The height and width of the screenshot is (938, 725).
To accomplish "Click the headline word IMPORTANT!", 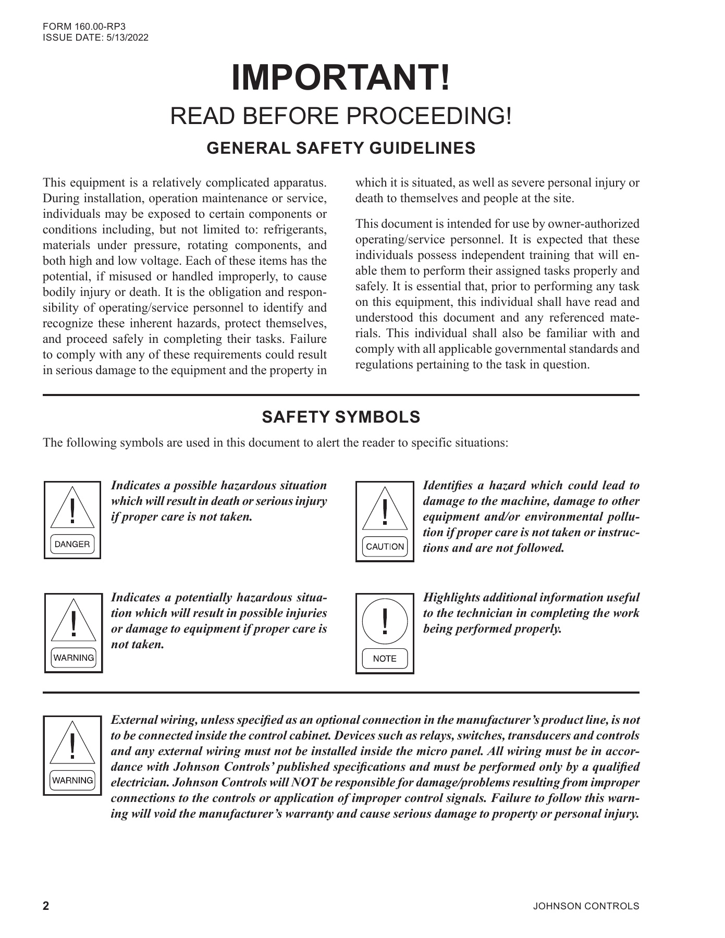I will (341, 78).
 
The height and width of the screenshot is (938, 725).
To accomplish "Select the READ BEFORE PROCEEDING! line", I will (341, 116).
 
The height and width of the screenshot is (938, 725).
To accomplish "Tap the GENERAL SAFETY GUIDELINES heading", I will (341, 149).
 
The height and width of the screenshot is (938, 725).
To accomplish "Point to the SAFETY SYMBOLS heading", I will (341, 417).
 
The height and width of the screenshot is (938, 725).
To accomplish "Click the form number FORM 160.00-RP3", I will (84, 27).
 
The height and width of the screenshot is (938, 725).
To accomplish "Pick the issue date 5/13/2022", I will (127, 38).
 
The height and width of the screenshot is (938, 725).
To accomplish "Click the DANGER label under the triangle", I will (72, 545).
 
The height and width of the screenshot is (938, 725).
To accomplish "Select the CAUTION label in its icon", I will (385, 547).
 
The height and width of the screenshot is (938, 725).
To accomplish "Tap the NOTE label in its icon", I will (385, 659).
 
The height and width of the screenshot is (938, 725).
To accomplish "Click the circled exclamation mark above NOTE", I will (385, 621).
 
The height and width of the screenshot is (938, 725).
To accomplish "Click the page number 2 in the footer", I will (46, 906).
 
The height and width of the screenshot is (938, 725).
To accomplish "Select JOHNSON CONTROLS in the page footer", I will (586, 907).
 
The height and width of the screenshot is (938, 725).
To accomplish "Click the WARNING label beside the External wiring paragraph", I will (73, 781).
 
